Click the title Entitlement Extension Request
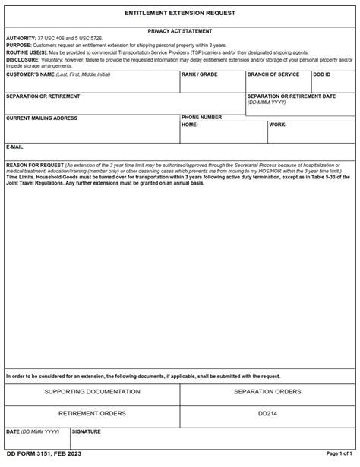click(180, 14)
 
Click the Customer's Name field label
click(30, 74)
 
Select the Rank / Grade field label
click(199, 74)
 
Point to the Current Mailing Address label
click(42, 118)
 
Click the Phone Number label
click(201, 117)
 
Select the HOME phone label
click(190, 124)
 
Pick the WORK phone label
click(278, 124)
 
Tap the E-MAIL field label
click(14, 146)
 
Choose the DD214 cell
click(267, 414)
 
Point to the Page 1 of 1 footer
click(339, 453)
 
